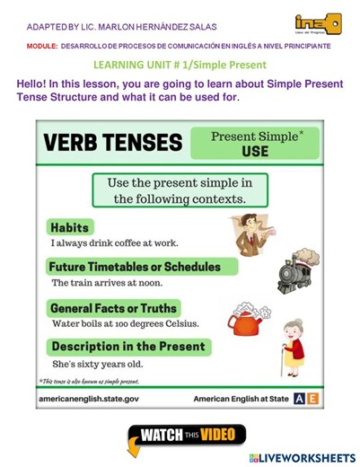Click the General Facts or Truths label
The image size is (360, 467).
click(115, 308)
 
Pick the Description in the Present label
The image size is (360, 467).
click(128, 347)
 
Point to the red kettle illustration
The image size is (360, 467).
click(246, 316)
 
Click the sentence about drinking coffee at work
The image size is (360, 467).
click(115, 242)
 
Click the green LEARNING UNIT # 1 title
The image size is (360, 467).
click(180, 65)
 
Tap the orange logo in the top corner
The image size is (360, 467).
click(317, 24)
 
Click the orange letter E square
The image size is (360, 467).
click(312, 397)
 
